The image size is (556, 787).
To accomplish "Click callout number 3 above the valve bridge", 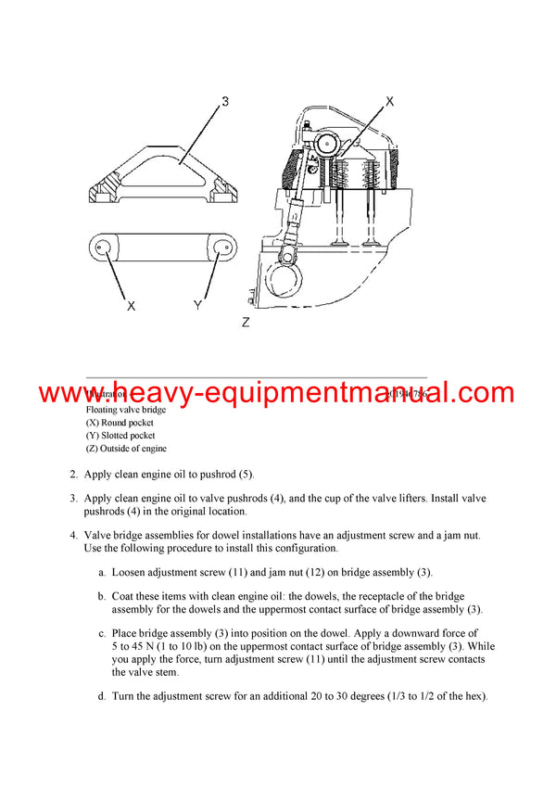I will tap(223, 101).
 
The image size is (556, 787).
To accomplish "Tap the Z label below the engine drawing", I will tap(246, 323).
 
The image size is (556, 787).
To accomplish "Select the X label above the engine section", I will tap(389, 101).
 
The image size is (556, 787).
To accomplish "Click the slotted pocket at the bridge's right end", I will tap(221, 247).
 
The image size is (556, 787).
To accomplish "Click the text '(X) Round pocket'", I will tap(120, 422).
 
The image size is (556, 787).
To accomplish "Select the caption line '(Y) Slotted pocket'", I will tap(120, 435).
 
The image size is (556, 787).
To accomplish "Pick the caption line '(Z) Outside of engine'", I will tap(126, 449).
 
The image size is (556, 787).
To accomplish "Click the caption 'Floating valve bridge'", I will tap(127, 409).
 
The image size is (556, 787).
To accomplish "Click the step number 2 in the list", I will tap(73, 474).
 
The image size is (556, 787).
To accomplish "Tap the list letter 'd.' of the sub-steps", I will tap(103, 695).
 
